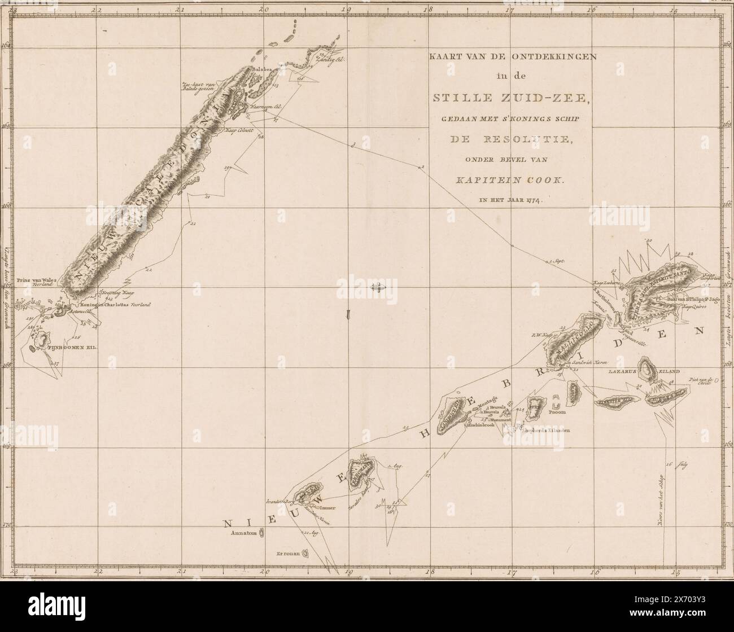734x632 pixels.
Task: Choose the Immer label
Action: [x=328, y=508]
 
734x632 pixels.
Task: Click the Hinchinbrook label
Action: [x=480, y=425]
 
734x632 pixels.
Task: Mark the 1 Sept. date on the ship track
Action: [x=556, y=261]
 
